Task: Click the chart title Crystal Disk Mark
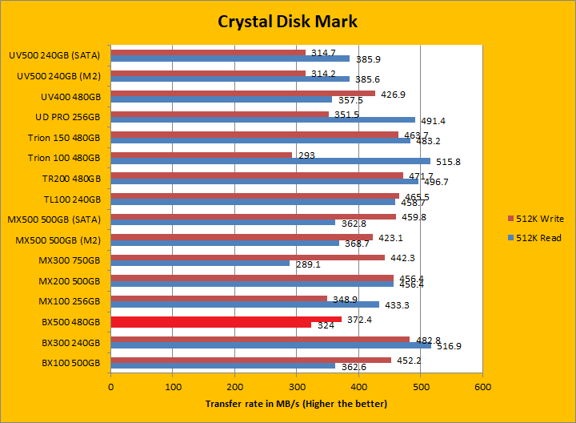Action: coord(287,22)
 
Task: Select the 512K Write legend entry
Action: coord(538,218)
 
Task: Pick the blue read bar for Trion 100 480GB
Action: coord(270,161)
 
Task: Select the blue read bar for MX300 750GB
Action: coord(200,262)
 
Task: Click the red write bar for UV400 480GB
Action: coord(243,94)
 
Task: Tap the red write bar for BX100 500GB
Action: coord(251,360)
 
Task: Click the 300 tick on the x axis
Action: coord(297,386)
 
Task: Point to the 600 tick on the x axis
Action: coord(482,386)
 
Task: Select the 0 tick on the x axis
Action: coord(111,386)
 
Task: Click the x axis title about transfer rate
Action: coord(296,403)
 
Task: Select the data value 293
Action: coord(307,155)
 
